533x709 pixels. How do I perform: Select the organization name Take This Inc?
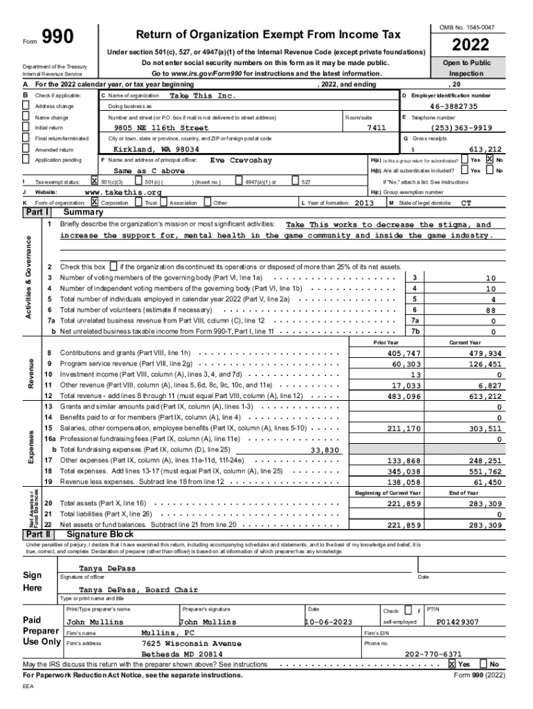pyautogui.click(x=203, y=95)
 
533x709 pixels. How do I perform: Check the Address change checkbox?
pyautogui.click(x=26, y=106)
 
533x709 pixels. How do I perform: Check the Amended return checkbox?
pyautogui.click(x=26, y=150)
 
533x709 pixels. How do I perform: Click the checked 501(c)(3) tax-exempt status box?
pyautogui.click(x=95, y=181)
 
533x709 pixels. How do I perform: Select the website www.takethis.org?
pyautogui.click(x=123, y=192)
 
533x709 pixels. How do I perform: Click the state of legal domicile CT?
pyautogui.click(x=466, y=203)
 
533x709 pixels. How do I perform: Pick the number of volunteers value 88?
pyautogui.click(x=491, y=309)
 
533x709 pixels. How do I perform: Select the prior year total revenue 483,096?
pyautogui.click(x=404, y=396)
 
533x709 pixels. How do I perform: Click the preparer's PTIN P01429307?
pyautogui.click(x=458, y=622)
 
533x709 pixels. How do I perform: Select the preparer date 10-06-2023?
pyautogui.click(x=332, y=622)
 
